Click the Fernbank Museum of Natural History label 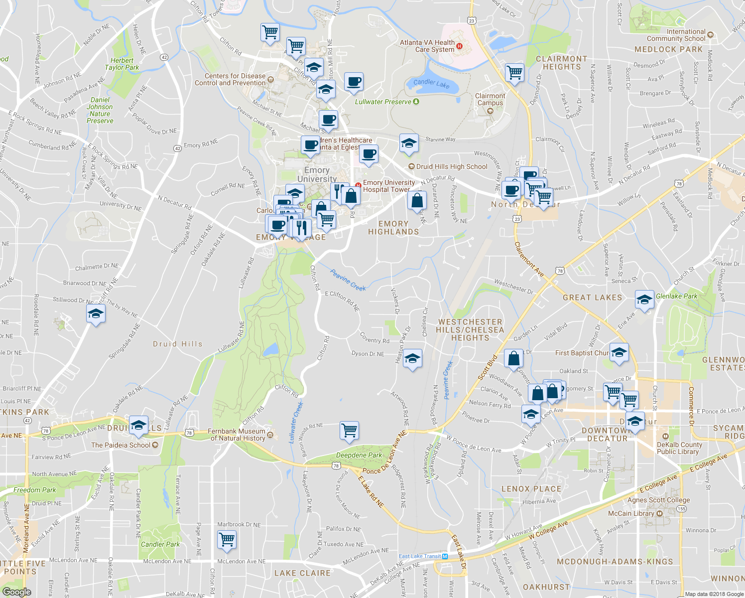point(238,435)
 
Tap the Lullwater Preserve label point(383,102)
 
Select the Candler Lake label point(431,83)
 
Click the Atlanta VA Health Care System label point(427,46)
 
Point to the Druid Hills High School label point(452,166)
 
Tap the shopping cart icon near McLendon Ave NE point(227,539)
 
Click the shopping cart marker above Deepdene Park point(349,430)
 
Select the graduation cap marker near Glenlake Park point(644,300)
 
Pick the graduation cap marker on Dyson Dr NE point(412,358)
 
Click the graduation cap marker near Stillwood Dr point(95,314)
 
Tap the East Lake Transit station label point(420,556)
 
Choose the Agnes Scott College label point(658,500)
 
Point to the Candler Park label point(160,544)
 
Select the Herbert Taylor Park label point(122,64)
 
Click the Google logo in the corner point(16,592)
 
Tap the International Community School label point(679,35)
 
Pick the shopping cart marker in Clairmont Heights point(514,73)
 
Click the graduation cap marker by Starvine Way point(408,144)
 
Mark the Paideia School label point(121,445)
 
